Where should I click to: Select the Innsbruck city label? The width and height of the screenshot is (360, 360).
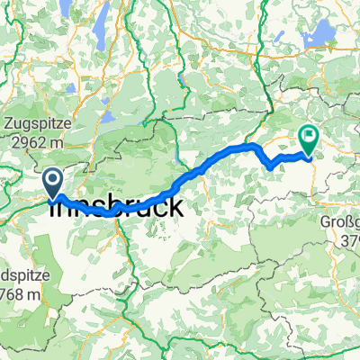pos(124,207)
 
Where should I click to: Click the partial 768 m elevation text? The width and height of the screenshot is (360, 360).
pos(20,294)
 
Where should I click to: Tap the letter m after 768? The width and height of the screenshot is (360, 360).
pos(33,294)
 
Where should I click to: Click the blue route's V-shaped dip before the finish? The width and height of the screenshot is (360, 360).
pos(272,166)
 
